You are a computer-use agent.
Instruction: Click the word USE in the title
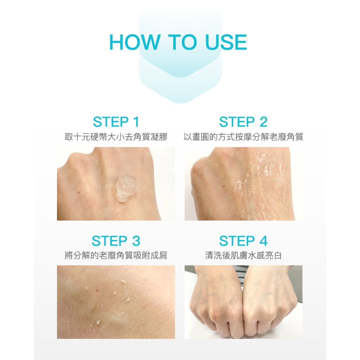click(x=226, y=42)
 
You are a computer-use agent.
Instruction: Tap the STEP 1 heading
click(x=116, y=122)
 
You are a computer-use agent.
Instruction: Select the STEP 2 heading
click(x=243, y=122)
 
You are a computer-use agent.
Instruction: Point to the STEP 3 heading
click(x=116, y=241)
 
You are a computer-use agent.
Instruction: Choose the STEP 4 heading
click(x=244, y=241)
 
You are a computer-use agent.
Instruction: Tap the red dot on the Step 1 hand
click(x=79, y=192)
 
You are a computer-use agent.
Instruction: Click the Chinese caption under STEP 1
click(x=116, y=137)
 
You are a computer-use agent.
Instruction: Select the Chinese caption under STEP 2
click(x=243, y=137)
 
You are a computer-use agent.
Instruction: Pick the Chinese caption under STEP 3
click(x=116, y=255)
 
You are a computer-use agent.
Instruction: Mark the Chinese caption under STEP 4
click(x=243, y=255)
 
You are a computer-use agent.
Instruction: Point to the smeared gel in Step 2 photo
click(x=262, y=188)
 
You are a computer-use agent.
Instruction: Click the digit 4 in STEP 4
click(x=264, y=241)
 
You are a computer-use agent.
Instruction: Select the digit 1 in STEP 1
click(x=136, y=122)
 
